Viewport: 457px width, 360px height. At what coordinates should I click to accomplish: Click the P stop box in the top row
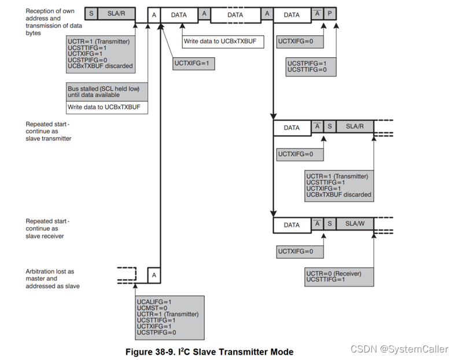tap(329, 13)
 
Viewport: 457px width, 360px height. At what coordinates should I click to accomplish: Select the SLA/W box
tap(353, 224)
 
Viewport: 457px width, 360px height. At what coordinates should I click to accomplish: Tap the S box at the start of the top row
tap(90, 13)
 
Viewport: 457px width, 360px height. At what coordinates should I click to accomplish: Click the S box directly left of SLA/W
tap(329, 224)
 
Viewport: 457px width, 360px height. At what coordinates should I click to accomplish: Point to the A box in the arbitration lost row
tap(154, 275)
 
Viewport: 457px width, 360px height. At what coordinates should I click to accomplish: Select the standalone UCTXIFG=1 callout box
tap(193, 64)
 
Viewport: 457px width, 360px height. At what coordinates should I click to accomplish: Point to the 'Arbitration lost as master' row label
tap(50, 279)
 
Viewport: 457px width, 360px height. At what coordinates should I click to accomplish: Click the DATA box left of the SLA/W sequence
tap(292, 224)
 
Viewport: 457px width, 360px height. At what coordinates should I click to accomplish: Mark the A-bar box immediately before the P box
tap(316, 13)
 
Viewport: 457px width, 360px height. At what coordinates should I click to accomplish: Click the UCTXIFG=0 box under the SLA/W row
tap(299, 251)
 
